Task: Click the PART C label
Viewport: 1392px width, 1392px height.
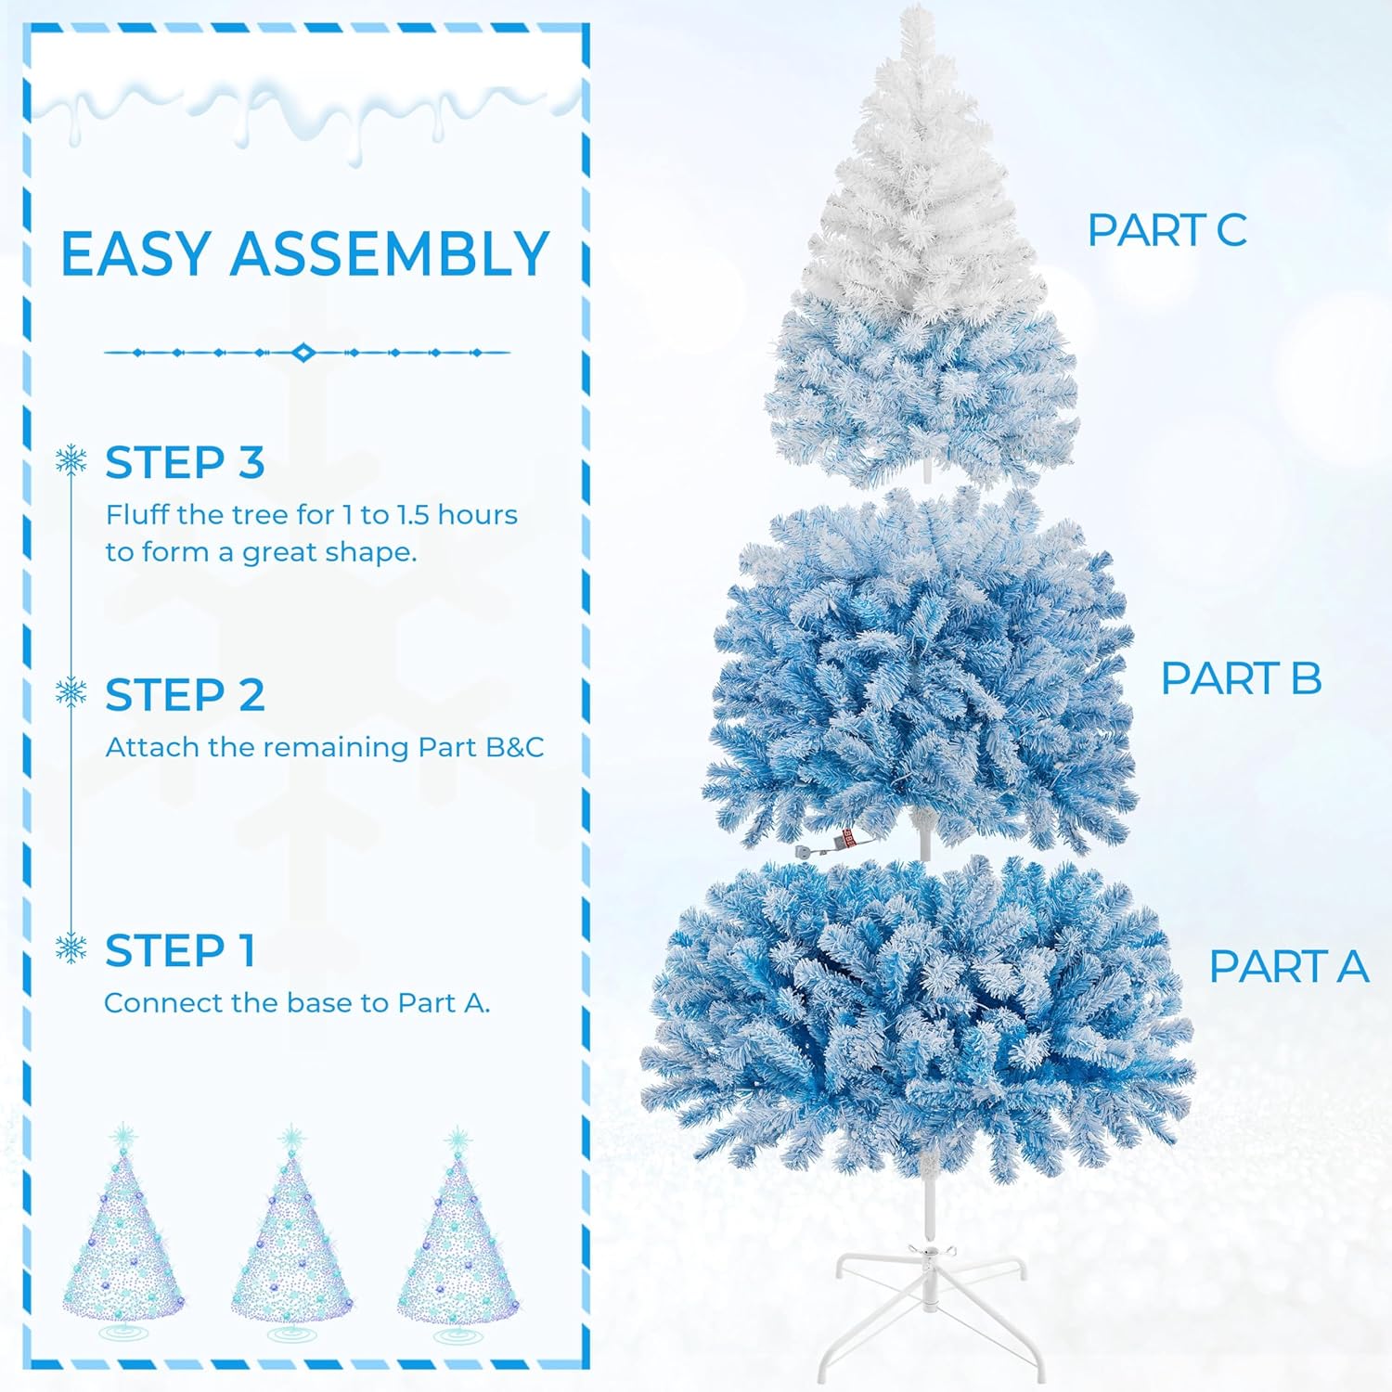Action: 1166,230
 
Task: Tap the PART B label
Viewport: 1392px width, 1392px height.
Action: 1241,678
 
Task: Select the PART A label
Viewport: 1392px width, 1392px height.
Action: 1288,966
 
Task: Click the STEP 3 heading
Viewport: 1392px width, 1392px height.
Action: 185,462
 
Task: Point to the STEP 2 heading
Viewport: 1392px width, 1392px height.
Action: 185,695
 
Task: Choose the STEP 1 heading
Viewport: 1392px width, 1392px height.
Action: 179,950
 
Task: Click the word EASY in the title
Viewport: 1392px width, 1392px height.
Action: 135,253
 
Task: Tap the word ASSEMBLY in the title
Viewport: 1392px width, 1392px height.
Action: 390,253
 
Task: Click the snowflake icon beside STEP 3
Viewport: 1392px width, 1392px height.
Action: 71,460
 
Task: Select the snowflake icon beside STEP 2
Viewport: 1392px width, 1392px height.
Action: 71,692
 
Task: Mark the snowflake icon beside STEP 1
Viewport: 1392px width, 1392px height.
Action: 71,948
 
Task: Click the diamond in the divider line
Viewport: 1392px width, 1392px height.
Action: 303,353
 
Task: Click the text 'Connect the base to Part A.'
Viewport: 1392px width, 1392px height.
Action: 297,1003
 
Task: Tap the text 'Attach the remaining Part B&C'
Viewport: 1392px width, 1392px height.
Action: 325,747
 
